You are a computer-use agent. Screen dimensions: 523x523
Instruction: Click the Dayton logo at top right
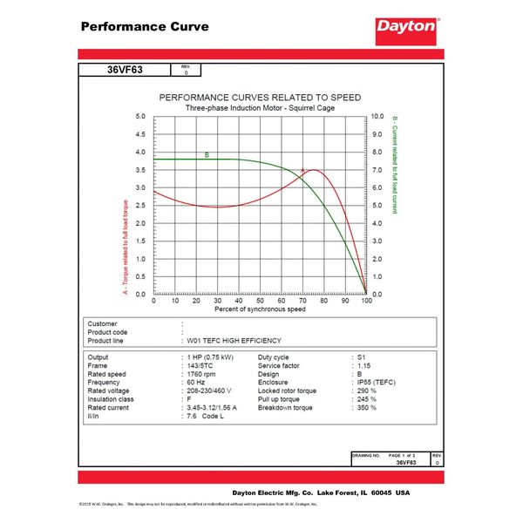tap(406, 26)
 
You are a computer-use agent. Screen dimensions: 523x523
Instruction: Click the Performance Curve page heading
tap(145, 26)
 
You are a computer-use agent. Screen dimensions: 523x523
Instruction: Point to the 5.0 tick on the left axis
tap(140, 116)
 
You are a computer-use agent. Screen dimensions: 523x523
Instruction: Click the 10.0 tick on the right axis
tap(377, 116)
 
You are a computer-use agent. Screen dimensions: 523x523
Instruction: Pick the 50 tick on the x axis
tap(260, 302)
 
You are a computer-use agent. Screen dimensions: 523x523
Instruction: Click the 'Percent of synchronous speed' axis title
tap(260, 310)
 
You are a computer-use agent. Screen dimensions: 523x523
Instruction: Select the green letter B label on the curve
tap(207, 155)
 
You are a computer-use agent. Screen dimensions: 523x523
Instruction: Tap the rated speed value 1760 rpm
tap(206, 375)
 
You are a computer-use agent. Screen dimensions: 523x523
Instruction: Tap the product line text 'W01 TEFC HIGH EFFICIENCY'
tap(234, 341)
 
